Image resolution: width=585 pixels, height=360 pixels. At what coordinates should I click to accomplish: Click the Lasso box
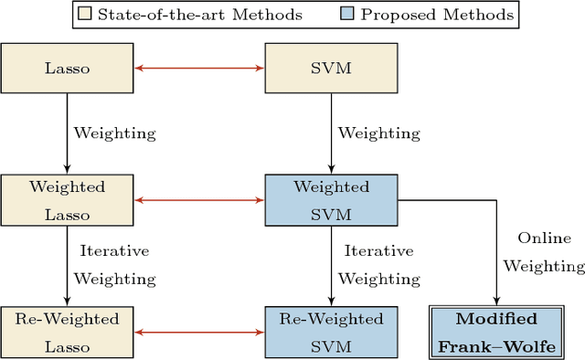68,67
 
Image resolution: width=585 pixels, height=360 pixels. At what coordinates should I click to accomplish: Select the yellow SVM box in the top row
331,67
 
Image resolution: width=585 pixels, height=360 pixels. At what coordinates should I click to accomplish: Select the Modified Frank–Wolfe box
495,332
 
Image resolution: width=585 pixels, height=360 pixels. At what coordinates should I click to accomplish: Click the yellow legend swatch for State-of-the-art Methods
85,15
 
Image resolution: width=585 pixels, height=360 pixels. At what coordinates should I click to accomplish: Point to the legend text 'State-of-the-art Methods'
200,15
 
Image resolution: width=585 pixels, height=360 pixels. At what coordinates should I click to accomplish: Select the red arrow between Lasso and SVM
199,67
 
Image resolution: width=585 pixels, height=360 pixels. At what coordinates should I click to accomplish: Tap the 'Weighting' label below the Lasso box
114,132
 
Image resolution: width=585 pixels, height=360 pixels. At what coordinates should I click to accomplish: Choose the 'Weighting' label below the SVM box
379,132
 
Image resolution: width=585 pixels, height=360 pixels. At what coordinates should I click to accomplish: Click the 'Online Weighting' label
549,251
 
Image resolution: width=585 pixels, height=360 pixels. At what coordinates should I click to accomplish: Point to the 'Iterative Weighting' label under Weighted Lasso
114,264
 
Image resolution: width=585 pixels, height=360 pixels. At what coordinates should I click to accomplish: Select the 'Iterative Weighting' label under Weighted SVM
378,264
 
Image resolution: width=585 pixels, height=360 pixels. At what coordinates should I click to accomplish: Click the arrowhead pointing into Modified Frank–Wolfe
495,301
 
